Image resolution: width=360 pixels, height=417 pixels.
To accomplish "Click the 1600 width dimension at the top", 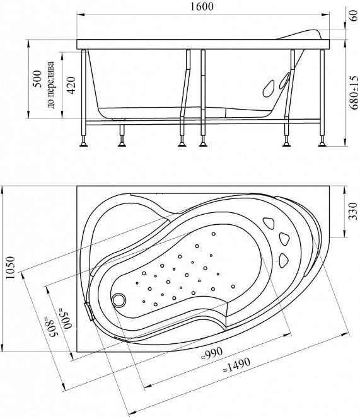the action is [x=202, y=7].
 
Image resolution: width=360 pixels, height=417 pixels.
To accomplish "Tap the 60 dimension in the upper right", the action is [x=353, y=16].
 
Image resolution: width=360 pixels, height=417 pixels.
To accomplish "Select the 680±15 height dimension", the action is [x=354, y=93].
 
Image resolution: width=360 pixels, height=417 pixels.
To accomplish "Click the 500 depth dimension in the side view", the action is [x=37, y=79].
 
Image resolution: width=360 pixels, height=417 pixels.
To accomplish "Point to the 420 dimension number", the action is [x=71, y=85].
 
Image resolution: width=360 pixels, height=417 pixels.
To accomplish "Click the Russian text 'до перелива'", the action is [x=50, y=85].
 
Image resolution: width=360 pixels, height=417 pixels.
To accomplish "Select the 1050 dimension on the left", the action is [x=10, y=268].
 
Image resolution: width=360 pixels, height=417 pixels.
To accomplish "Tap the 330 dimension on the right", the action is [x=353, y=211].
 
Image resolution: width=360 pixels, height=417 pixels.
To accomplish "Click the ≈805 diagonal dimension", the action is [x=50, y=327].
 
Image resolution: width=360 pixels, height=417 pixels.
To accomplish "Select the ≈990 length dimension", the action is [x=212, y=353].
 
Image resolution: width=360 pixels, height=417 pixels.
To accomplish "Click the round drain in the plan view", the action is [x=119, y=300].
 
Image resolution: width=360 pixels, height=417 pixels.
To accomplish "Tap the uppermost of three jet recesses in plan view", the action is [x=269, y=223].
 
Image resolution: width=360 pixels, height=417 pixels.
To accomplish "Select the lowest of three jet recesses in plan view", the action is [x=283, y=260].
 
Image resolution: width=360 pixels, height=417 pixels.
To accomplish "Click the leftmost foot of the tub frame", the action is [x=84, y=144].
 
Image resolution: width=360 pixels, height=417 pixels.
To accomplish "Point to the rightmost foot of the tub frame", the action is [x=323, y=144].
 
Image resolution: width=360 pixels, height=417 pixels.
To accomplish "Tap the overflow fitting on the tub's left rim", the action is [x=90, y=311].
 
